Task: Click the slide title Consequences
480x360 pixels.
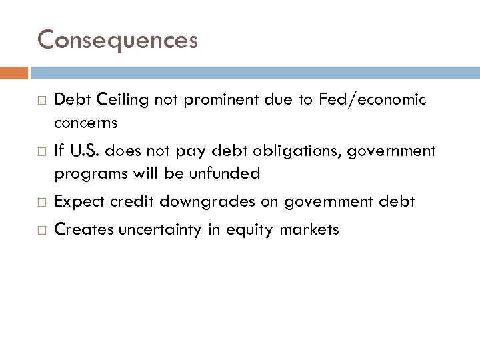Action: (x=117, y=40)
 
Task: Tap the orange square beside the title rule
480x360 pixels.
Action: (x=19, y=72)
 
